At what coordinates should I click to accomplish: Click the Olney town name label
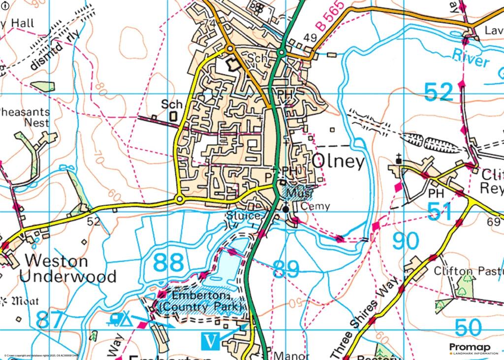pos(339,161)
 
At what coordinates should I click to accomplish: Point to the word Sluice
pos(243,216)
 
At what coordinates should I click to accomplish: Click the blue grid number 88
pos(168,262)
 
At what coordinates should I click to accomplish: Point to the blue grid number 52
pos(438,92)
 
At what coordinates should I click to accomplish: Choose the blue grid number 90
pos(406,241)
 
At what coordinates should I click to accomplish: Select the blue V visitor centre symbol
pos(210,340)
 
